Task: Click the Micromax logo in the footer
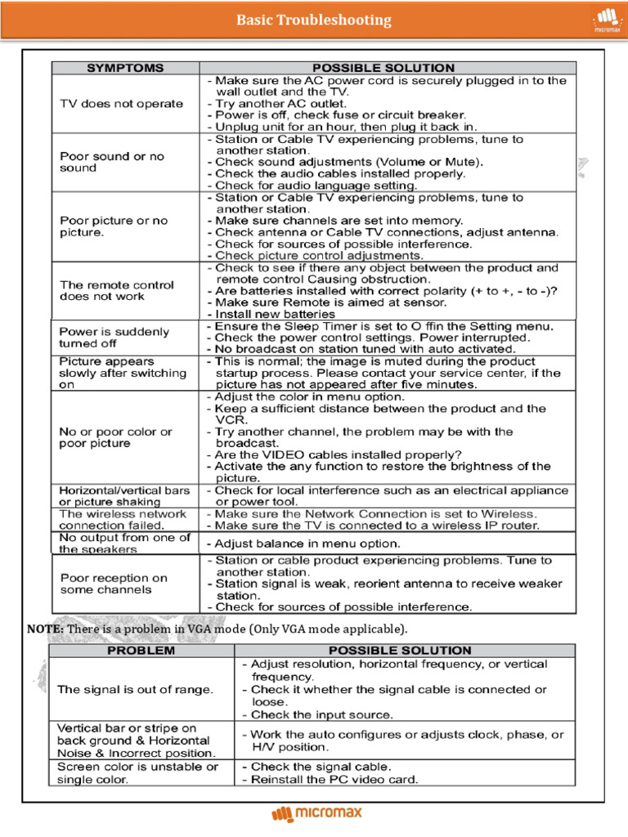coord(316,813)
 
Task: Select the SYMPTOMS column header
coord(125,68)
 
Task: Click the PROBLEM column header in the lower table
coord(142,651)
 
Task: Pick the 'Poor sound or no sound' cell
coord(111,162)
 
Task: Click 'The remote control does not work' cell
coord(116,290)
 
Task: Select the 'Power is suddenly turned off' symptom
coord(114,338)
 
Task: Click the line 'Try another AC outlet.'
coord(280,104)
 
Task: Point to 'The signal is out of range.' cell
coord(135,689)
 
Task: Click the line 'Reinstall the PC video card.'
coord(334,779)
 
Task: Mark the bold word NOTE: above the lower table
coord(44,629)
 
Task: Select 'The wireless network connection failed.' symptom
coord(123,520)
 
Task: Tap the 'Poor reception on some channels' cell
coord(114,584)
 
